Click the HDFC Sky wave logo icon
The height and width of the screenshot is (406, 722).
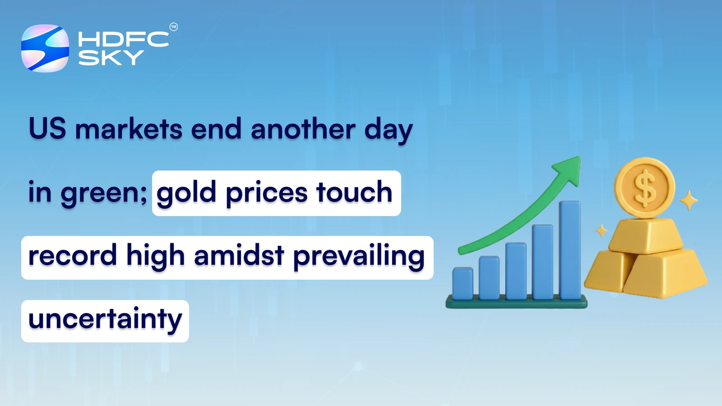click(45, 48)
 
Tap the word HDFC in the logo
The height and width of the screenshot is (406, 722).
click(123, 39)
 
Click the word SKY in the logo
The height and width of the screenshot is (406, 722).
click(111, 58)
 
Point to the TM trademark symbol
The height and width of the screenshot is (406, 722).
click(174, 27)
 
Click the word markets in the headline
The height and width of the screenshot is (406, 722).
click(129, 129)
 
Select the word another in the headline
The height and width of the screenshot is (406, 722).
click(303, 129)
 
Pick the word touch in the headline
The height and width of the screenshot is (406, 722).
click(354, 192)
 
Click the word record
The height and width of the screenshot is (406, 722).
click(72, 256)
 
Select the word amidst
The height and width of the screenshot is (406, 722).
click(239, 256)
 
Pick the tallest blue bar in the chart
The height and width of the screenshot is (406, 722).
click(569, 250)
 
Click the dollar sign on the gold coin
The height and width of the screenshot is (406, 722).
click(645, 188)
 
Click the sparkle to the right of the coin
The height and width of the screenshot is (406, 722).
click(689, 200)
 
